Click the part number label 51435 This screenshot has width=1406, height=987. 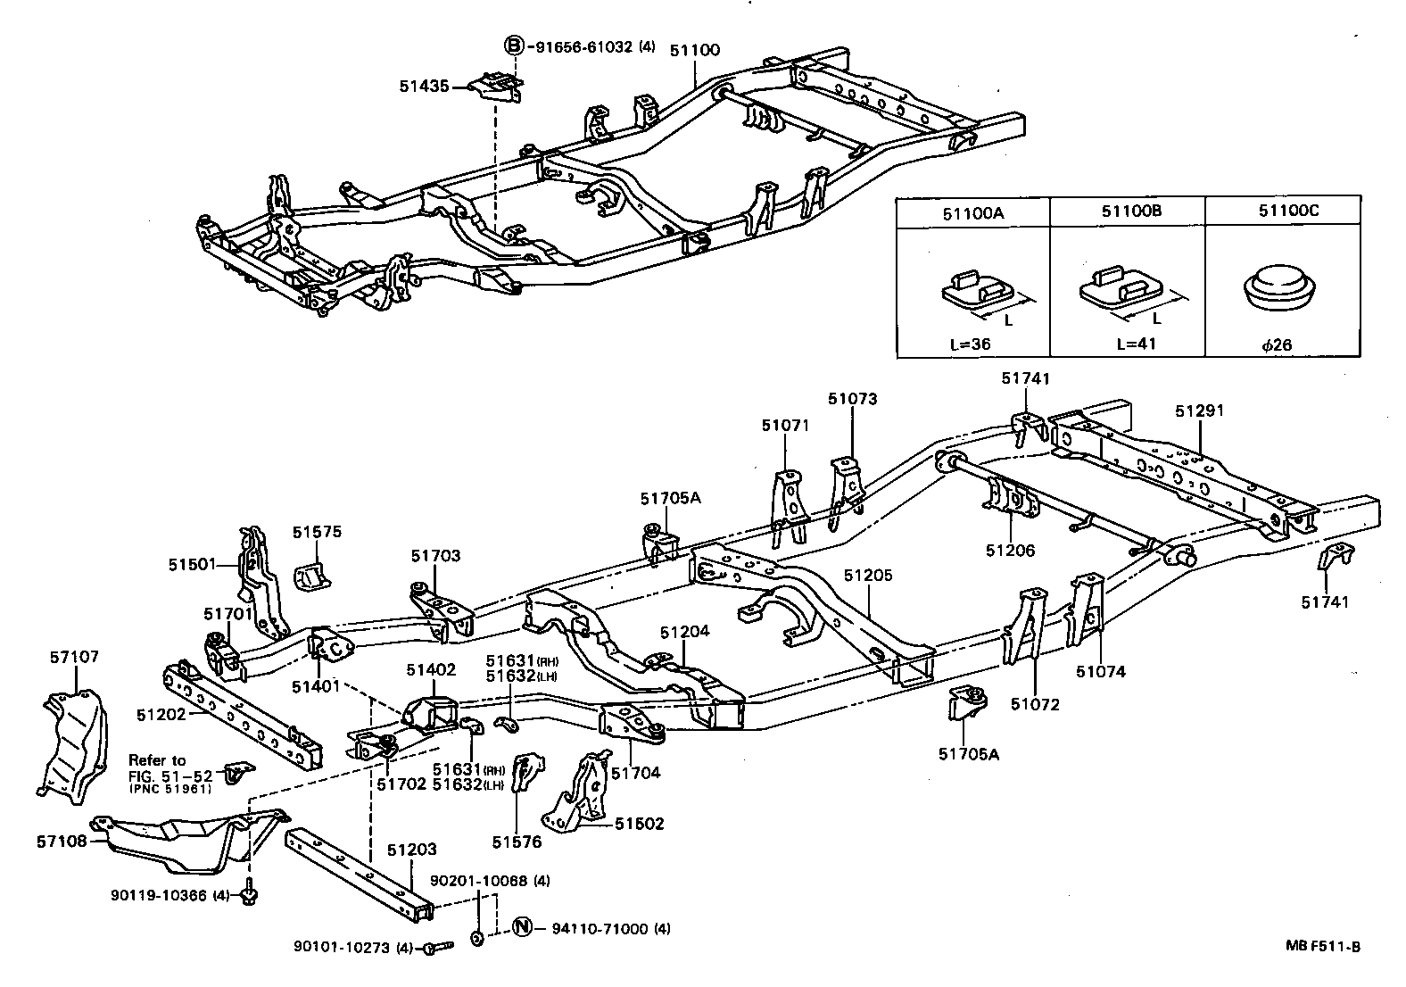(x=422, y=86)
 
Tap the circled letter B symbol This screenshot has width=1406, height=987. (x=514, y=46)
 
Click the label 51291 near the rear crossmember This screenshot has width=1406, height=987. (x=1199, y=411)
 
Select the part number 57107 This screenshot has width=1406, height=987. (x=74, y=658)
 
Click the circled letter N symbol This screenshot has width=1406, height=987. (x=521, y=928)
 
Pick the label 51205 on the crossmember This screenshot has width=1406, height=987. (x=868, y=576)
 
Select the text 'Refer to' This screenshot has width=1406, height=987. (x=157, y=760)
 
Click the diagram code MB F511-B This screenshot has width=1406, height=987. (x=1323, y=947)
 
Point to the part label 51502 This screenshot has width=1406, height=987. (x=639, y=824)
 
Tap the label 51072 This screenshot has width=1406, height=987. (x=1035, y=704)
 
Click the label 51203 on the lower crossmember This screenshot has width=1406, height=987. (x=413, y=850)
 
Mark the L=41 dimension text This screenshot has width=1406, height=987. (x=1135, y=344)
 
